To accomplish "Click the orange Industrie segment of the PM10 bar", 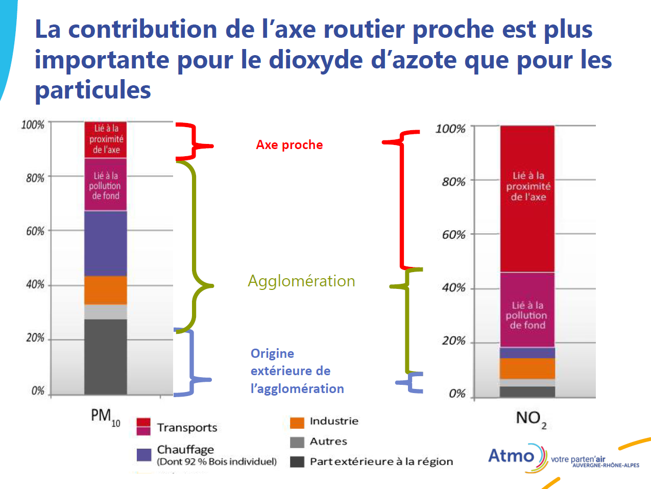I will (x=105, y=290).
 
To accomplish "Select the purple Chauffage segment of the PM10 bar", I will (x=105, y=243).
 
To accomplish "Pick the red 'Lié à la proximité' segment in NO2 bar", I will (x=527, y=199).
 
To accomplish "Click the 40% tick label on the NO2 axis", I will (x=454, y=288).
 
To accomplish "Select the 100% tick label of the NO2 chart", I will (x=450, y=129).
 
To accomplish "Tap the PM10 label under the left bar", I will (x=105, y=417).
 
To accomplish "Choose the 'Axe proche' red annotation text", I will (x=289, y=145).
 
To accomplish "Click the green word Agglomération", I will (x=301, y=281).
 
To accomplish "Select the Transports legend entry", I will (x=187, y=428).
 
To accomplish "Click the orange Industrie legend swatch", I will (x=297, y=422).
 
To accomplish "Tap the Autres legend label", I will (x=328, y=442).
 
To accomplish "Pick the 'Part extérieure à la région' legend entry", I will (x=381, y=461).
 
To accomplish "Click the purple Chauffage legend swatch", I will (x=144, y=454).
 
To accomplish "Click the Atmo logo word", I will (x=511, y=455).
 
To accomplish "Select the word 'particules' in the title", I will (x=93, y=90).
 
